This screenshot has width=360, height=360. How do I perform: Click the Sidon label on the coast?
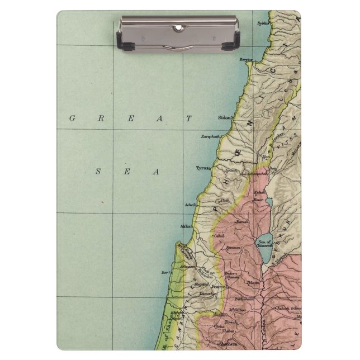225,118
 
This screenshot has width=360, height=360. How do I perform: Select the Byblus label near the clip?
262,23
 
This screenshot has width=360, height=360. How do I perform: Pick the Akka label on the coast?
186,226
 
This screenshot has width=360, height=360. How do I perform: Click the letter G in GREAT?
72,118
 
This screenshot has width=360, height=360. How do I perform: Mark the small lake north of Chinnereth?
269,203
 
